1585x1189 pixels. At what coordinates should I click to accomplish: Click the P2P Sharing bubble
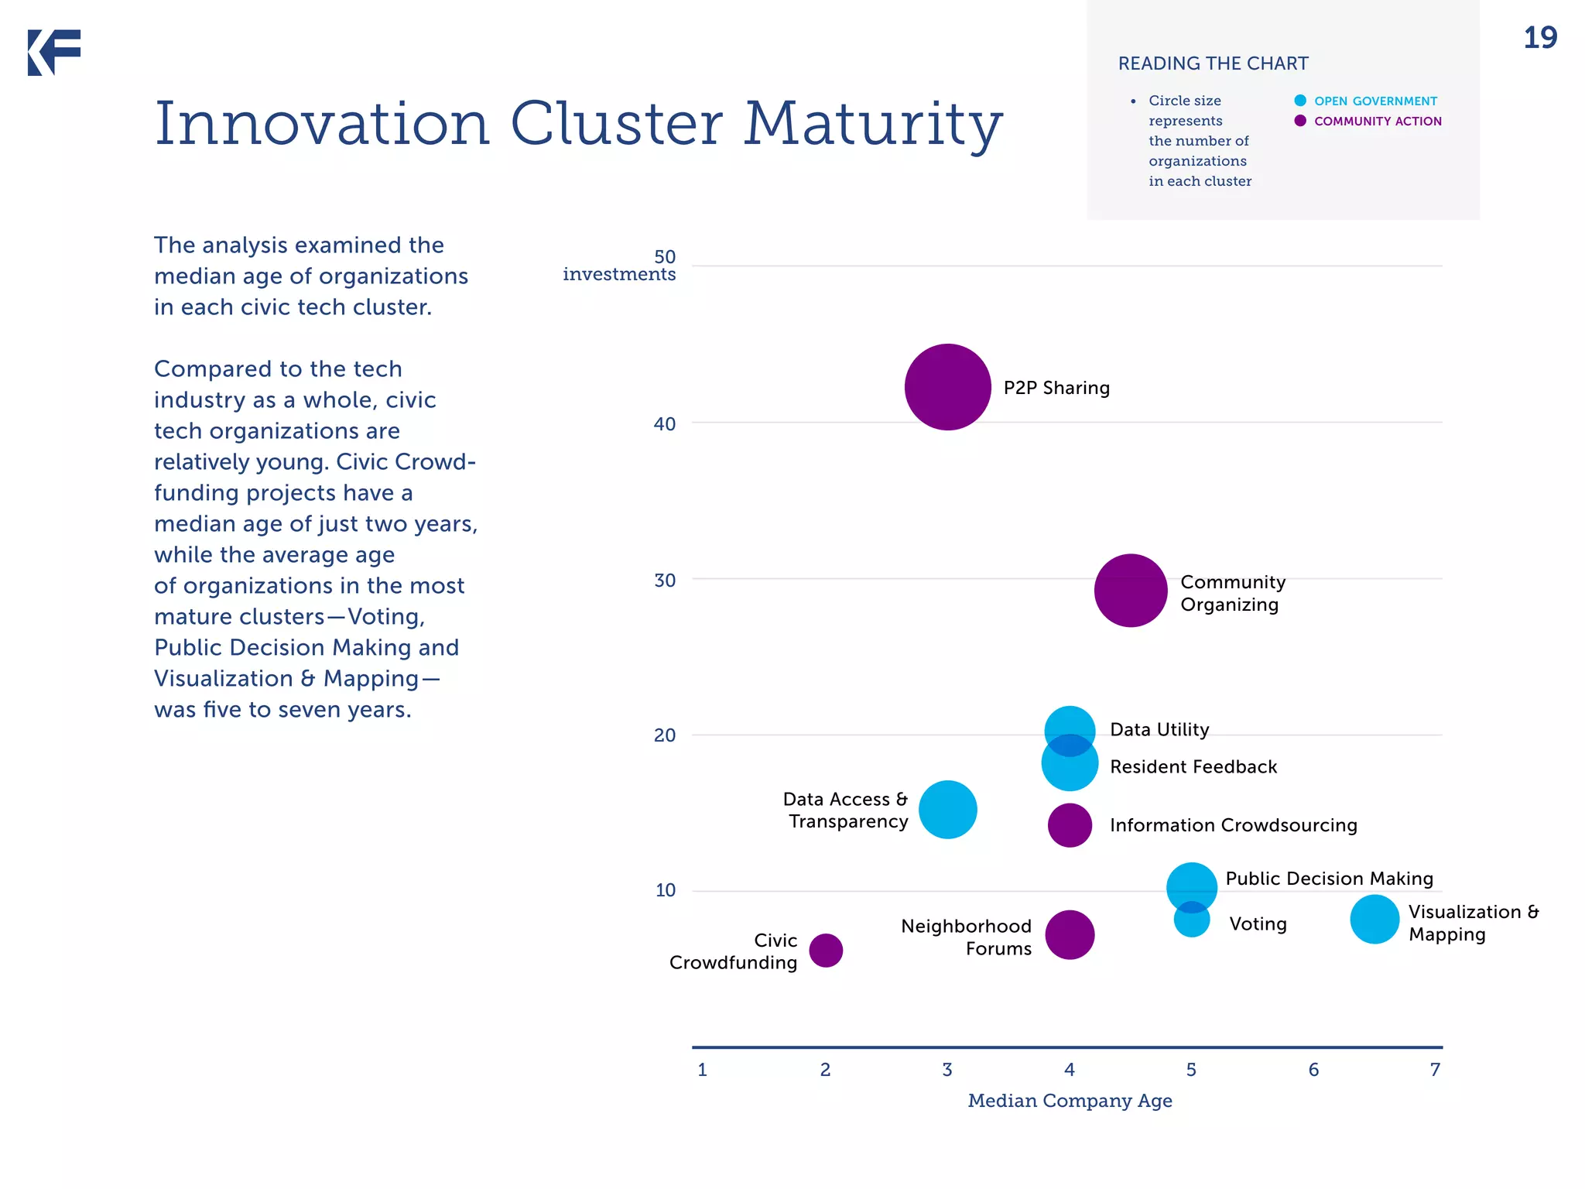[x=947, y=387]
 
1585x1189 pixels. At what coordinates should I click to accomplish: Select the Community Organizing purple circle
[x=1130, y=590]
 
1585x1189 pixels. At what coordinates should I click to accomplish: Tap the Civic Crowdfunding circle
[x=826, y=950]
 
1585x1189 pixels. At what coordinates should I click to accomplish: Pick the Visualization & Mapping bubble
[x=1374, y=919]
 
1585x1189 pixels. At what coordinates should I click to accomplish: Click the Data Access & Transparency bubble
[x=947, y=810]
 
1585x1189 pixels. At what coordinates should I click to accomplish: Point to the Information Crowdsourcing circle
[x=1070, y=825]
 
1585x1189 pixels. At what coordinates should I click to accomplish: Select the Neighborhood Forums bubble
[x=1070, y=934]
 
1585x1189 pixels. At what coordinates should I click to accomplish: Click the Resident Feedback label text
[x=1193, y=766]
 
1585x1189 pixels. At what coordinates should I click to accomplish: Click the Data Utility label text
[x=1159, y=729]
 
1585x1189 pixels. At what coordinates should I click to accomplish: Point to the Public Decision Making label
[x=1329, y=878]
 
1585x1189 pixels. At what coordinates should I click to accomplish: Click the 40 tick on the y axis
[x=664, y=423]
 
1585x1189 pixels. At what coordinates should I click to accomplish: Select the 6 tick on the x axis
[x=1313, y=1070]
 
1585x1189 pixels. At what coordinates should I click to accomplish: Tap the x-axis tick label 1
[x=702, y=1070]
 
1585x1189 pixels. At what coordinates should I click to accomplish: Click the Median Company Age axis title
[x=1070, y=1101]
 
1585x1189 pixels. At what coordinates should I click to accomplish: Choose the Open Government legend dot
[x=1300, y=101]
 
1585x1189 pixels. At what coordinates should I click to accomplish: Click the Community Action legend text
[x=1378, y=121]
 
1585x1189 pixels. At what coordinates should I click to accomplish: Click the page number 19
[x=1539, y=37]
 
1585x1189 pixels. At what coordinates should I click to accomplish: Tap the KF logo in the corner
[x=54, y=53]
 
